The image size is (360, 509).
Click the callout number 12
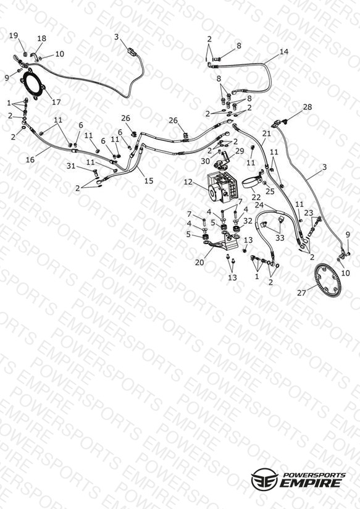(188, 182)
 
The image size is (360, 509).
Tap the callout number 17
(56, 102)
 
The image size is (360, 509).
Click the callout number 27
(301, 293)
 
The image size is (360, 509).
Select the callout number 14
(283, 52)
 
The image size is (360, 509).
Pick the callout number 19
(14, 35)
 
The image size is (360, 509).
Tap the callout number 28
(307, 107)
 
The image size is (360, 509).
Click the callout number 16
(30, 159)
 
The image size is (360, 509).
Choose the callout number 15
(149, 180)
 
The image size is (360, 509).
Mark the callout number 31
(71, 166)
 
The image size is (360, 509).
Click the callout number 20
(199, 262)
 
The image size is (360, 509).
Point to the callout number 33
(280, 238)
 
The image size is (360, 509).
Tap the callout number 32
(248, 221)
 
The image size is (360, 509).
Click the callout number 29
(240, 151)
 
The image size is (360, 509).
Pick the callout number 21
(267, 133)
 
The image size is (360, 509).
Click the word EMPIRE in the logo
(311, 482)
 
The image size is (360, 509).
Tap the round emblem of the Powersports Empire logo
(264, 479)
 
